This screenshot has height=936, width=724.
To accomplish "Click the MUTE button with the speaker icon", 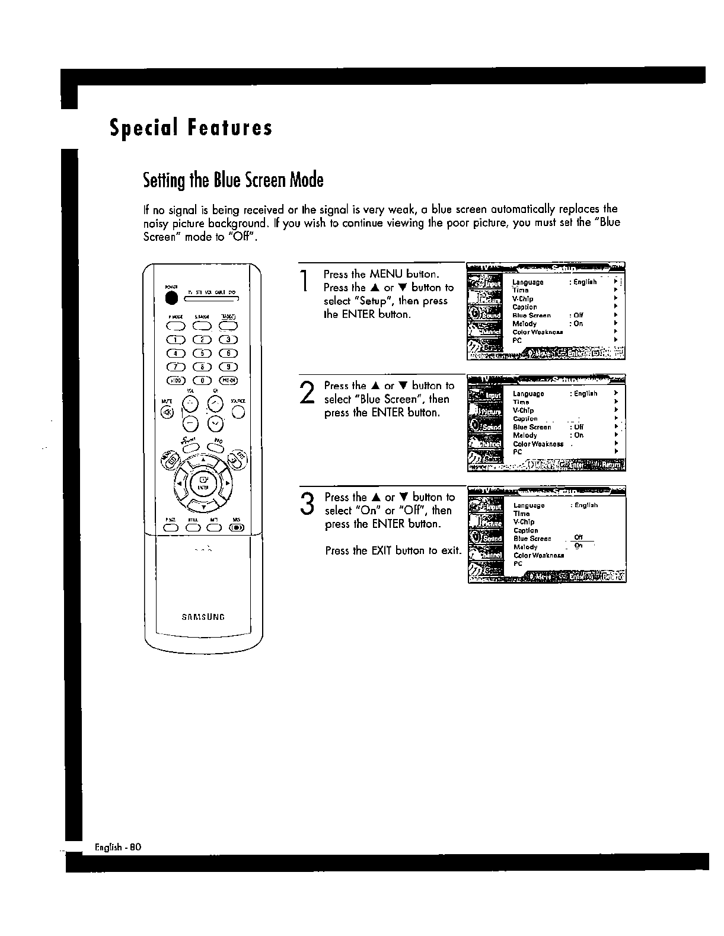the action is coord(167,413).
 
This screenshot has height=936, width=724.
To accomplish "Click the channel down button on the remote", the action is coord(216,422).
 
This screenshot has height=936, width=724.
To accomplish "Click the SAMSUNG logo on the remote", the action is coord(203,616).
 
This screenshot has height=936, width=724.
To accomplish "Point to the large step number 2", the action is coord(307,393).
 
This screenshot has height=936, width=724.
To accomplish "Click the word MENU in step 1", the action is coord(386,274).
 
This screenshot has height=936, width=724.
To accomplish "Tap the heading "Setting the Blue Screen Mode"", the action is coord(233,180).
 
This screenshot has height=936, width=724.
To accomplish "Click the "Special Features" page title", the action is coord(191,128).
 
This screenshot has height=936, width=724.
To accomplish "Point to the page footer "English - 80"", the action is coord(117,846).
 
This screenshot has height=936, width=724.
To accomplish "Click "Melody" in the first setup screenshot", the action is coord(524,324).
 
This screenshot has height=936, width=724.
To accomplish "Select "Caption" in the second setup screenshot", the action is coord(525,419).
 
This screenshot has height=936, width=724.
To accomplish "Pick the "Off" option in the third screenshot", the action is coord(579,538).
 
